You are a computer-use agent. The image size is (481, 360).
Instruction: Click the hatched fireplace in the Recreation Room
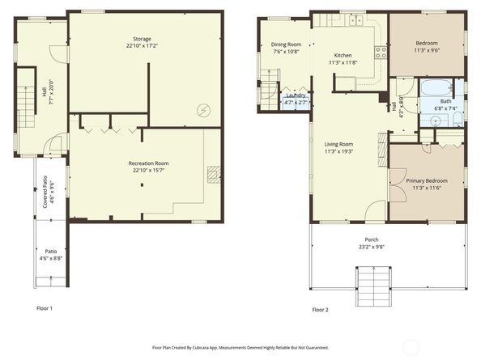pos(213,175)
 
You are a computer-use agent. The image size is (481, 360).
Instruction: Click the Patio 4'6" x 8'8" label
pos(50,255)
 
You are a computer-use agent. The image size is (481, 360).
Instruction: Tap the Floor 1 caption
pos(45,308)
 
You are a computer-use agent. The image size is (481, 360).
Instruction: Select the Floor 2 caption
pos(321,309)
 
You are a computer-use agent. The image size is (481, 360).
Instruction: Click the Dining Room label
pos(286,44)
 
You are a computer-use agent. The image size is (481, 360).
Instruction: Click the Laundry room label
pos(296,95)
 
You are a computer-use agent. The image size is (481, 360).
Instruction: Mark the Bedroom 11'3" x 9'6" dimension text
pos(427,50)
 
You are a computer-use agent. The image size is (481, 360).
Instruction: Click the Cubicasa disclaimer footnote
pos(240,346)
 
